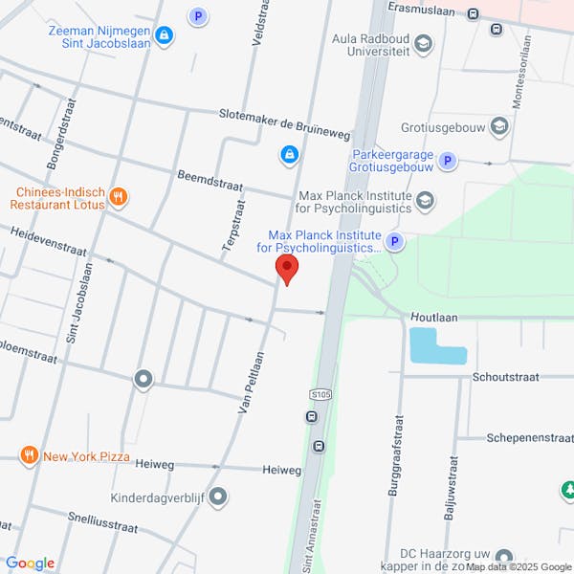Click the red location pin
286,268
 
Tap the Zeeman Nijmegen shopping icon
164,36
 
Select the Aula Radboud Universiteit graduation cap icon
424,44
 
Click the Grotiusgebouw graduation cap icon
497,125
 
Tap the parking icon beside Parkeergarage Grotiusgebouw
444,165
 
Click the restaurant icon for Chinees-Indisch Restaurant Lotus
119,197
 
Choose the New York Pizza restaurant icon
30,455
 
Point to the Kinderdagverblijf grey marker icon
218,497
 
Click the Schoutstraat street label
508,377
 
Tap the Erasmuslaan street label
422,7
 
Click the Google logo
30,563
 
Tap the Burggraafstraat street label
394,450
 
